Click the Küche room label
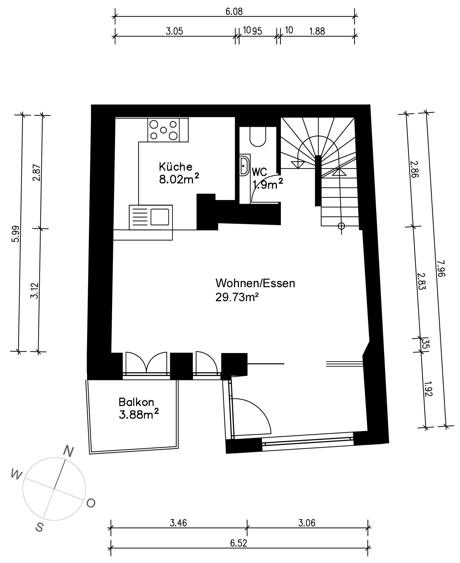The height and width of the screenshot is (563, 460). point(175,166)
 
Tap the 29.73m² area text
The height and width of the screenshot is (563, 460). point(237,297)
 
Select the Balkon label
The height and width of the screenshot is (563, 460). point(136,402)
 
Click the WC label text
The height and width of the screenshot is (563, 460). point(259,172)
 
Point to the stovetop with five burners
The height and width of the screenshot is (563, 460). point(163,130)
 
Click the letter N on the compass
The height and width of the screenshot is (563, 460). point(68,452)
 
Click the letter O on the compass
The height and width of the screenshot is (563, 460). point(91,503)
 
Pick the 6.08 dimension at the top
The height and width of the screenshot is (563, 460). point(234,12)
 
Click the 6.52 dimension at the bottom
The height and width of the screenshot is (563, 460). point(239,543)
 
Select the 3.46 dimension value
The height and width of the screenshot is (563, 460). point(178,523)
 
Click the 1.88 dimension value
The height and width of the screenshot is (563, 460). point(317,31)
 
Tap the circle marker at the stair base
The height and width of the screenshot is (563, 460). point(341,226)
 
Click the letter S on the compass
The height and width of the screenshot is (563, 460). point(39,527)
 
